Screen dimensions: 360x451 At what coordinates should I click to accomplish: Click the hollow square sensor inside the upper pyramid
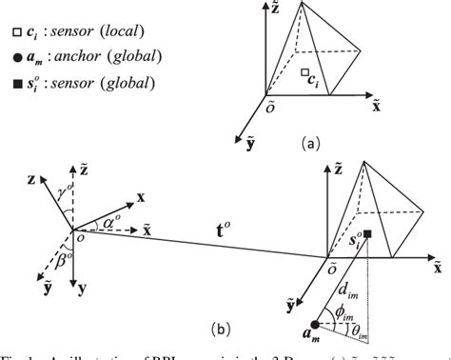[301, 72]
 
